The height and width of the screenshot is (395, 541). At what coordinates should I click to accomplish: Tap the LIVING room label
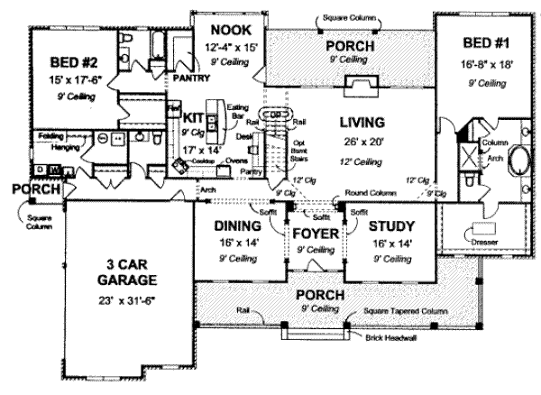pos(362,121)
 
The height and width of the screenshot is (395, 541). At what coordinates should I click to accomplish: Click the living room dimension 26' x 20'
pos(362,141)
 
